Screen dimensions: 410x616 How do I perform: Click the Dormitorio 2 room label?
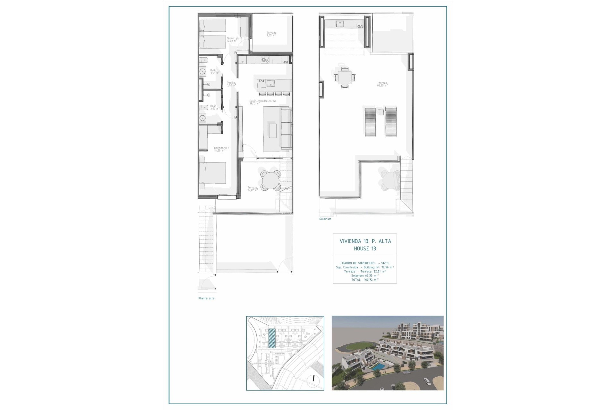click(234, 39)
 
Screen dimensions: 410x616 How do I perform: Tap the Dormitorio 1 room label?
click(221, 149)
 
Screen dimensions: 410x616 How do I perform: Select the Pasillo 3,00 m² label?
click(231, 84)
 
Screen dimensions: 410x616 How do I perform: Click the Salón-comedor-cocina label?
click(262, 102)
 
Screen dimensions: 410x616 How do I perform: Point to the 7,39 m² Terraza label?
click(271, 34)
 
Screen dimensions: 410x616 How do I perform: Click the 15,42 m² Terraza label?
click(252, 189)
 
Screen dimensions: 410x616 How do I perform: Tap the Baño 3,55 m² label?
click(214, 71)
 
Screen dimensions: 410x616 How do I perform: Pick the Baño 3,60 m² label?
click(214, 107)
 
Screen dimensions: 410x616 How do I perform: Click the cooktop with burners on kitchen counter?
click(265, 59)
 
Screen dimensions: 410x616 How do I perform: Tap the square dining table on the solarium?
click(345, 77)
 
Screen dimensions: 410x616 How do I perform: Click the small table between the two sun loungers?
click(381, 112)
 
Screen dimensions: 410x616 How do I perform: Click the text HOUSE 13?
click(365, 249)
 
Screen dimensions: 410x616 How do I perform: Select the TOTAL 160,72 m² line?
click(365, 280)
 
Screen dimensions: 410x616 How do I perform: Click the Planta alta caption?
click(206, 298)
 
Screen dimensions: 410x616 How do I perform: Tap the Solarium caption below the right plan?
click(325, 219)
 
